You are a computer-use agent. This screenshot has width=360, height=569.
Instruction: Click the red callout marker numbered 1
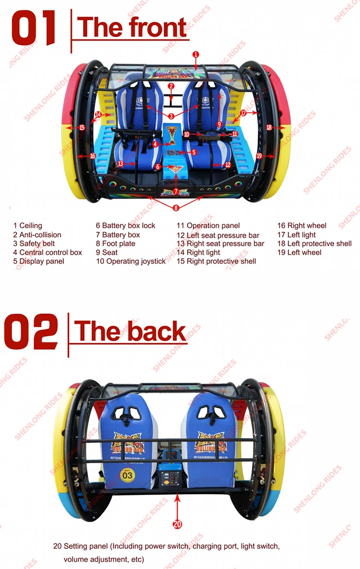196,55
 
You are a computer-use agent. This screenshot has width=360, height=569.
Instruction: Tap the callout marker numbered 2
171,86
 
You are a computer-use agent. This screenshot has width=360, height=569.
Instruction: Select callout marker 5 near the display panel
194,152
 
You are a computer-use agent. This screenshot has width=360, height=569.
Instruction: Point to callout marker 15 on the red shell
82,127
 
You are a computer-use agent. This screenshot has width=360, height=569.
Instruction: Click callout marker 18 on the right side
269,127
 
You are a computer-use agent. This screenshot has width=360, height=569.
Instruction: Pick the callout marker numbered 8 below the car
176,208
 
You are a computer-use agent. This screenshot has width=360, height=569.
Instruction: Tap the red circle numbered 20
177,524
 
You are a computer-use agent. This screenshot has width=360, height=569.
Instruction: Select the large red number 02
31,332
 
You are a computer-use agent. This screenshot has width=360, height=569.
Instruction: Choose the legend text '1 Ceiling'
28,226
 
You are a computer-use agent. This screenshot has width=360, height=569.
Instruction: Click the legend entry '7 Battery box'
118,235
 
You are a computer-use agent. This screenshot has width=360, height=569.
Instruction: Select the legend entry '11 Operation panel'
208,226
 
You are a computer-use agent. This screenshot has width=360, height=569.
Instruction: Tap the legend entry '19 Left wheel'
299,253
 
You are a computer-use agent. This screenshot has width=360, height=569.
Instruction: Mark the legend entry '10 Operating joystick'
131,262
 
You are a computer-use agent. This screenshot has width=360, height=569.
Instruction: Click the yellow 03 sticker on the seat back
127,475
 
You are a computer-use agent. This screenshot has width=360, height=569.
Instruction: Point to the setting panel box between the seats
172,476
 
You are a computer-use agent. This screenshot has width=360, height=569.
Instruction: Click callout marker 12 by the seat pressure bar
228,165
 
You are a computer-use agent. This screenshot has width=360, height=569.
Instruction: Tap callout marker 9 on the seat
219,124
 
